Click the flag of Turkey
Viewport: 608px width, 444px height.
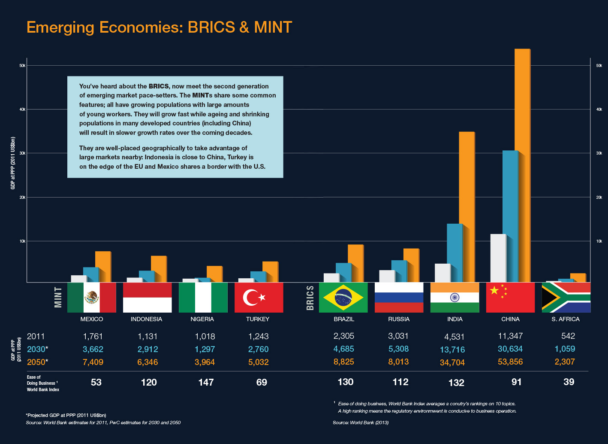(x=259, y=297)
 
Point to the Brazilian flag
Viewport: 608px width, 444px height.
(x=343, y=297)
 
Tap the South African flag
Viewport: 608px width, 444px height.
(x=566, y=297)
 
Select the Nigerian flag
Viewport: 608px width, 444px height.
(x=203, y=297)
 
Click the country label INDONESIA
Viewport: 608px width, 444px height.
(x=146, y=319)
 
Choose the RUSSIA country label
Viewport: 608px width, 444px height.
(x=399, y=319)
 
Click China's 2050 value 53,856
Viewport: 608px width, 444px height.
(x=510, y=362)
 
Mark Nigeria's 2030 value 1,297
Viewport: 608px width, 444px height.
(x=205, y=349)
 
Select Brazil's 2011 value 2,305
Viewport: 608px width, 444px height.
(x=344, y=336)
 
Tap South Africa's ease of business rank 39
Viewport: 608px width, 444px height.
(x=569, y=382)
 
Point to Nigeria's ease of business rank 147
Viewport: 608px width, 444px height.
(x=206, y=382)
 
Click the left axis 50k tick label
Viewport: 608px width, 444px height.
(x=23, y=66)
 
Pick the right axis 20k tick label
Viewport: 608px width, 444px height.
(x=599, y=198)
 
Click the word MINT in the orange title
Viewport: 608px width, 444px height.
(x=273, y=27)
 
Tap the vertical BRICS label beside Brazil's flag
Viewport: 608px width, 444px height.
(x=310, y=297)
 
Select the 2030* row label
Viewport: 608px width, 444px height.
(x=37, y=349)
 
